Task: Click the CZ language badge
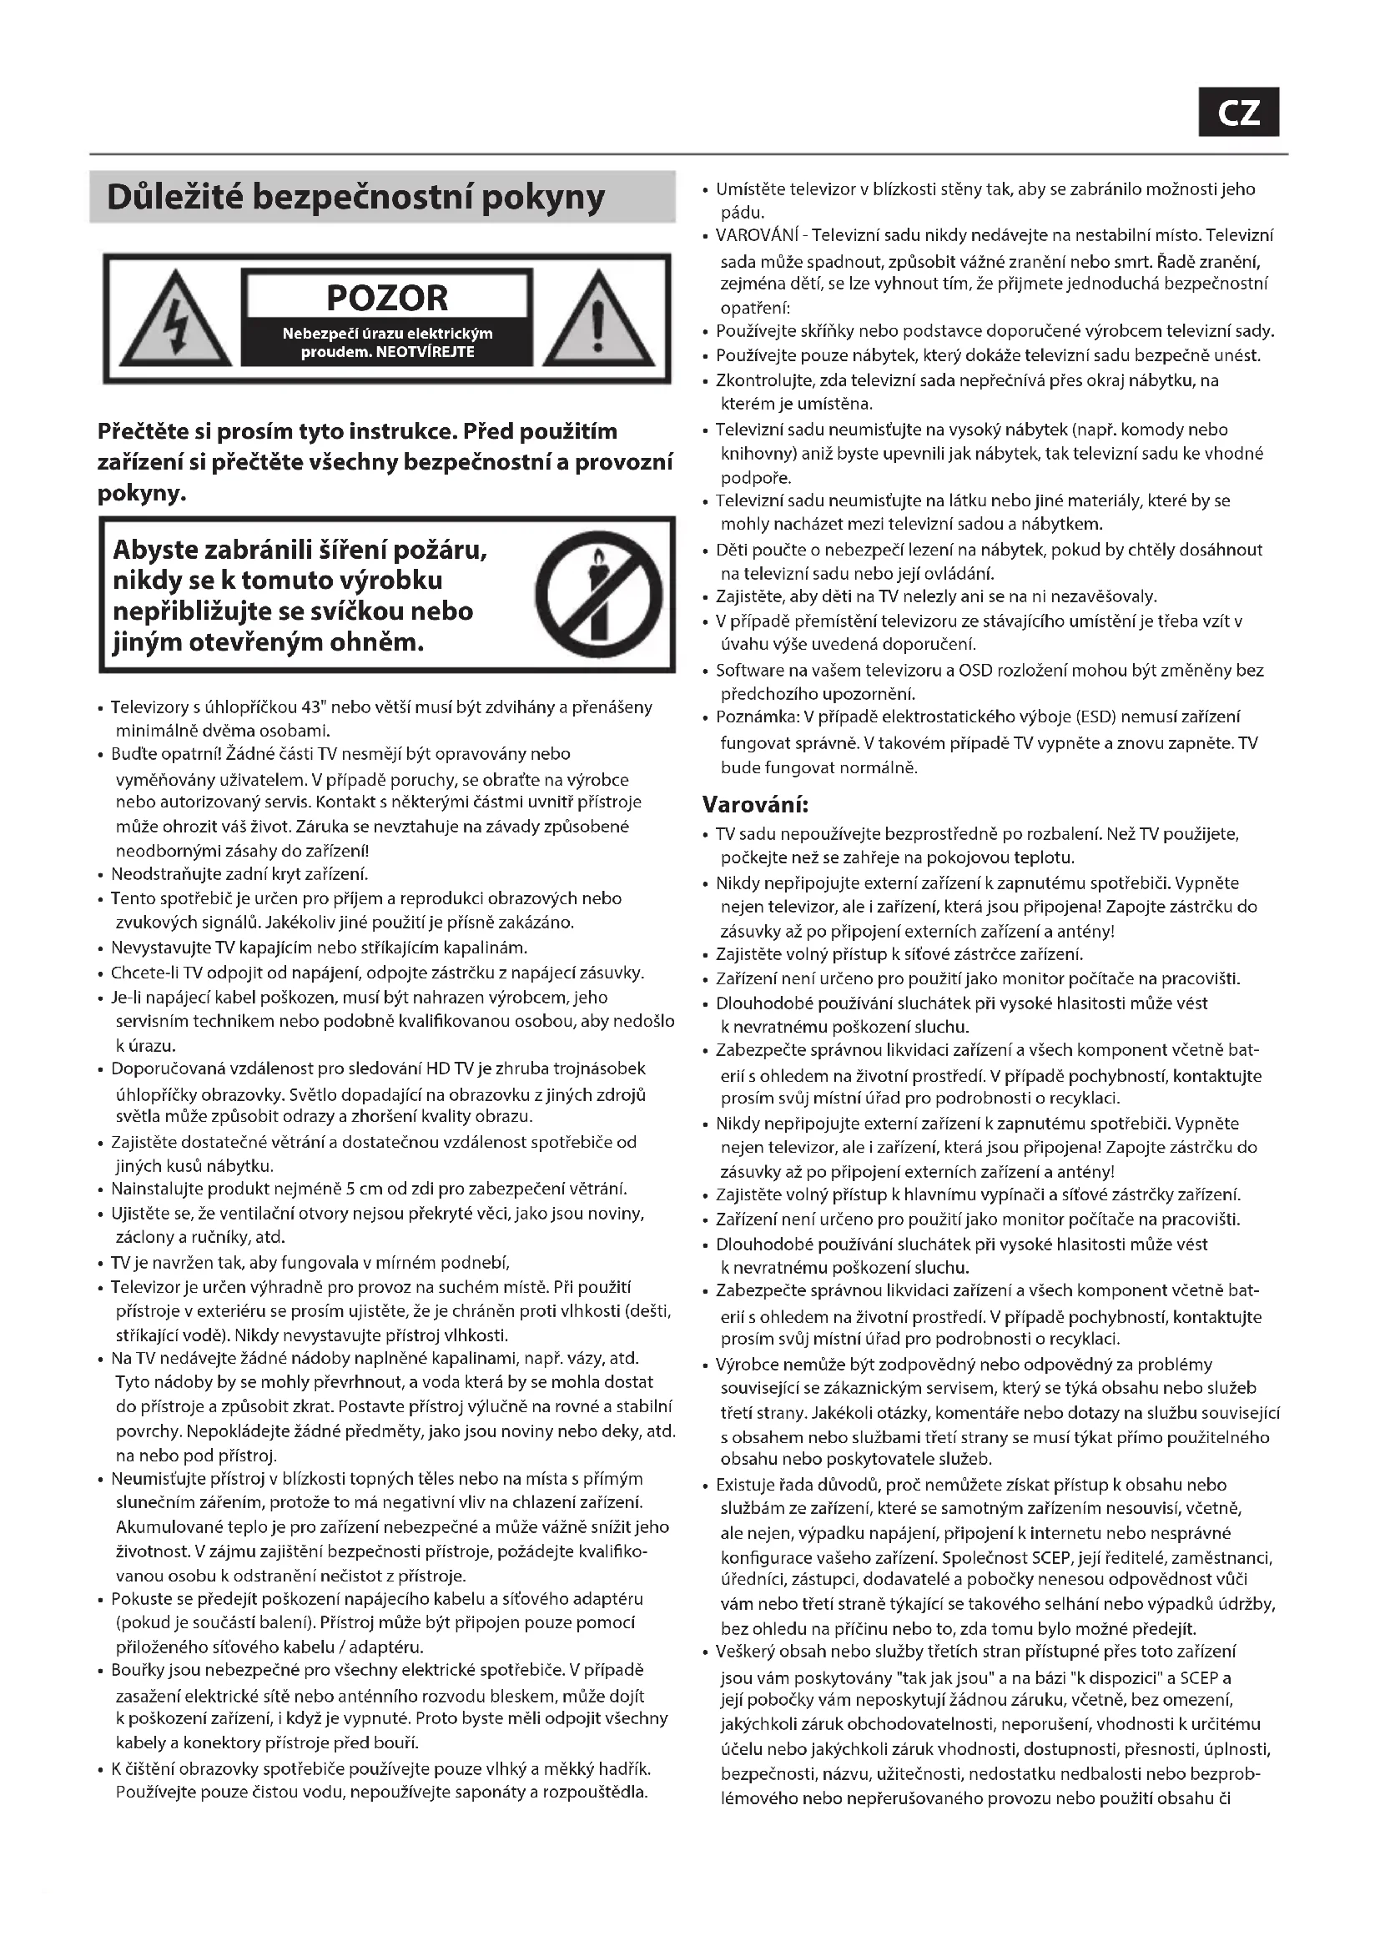click(1238, 112)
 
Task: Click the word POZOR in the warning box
click(386, 299)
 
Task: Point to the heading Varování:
click(755, 803)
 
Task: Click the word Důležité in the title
click(174, 197)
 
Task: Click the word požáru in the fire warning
click(442, 550)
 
